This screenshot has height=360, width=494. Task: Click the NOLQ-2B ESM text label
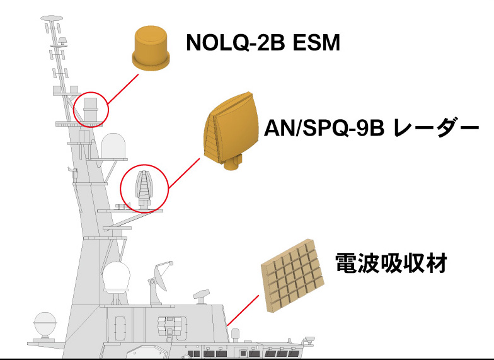(262, 43)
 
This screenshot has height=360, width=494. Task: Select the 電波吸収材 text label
(391, 263)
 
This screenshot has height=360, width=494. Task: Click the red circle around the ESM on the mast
(91, 109)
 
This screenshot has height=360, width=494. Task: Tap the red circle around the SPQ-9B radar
(145, 189)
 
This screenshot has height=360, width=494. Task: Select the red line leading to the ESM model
(123, 88)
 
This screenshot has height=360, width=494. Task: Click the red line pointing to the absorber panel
(243, 310)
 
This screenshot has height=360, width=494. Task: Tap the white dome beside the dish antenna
(117, 278)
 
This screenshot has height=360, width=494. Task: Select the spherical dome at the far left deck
(45, 324)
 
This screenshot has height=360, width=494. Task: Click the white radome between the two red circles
(114, 146)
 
